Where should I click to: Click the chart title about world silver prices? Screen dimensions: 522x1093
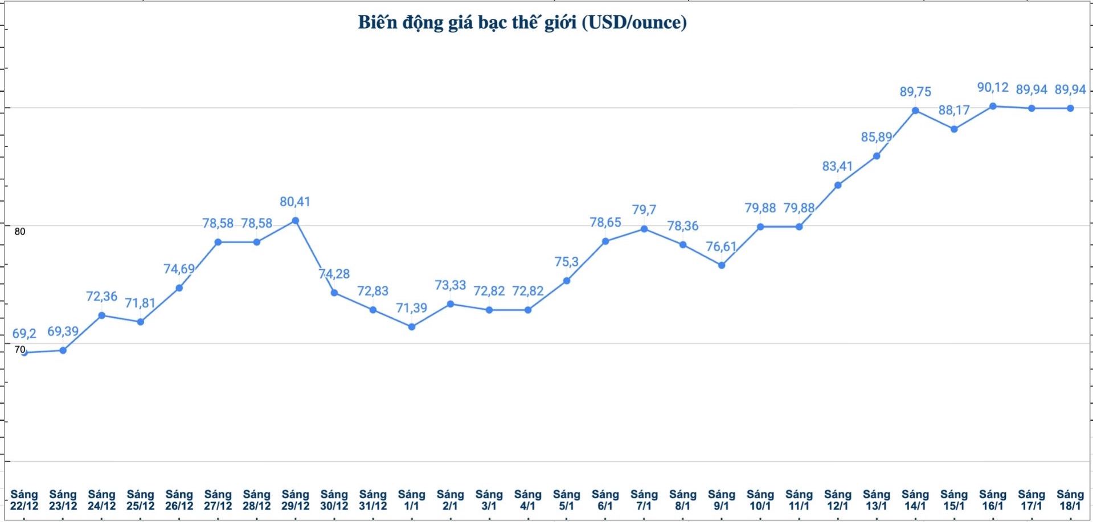tap(522, 22)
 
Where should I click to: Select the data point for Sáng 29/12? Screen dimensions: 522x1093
tap(295, 221)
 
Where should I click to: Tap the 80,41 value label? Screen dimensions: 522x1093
tap(295, 202)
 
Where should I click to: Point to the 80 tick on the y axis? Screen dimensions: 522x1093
tap(20, 231)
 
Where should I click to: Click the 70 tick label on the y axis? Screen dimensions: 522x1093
tap(20, 349)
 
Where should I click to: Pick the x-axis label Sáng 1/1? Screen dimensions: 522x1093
tap(411, 500)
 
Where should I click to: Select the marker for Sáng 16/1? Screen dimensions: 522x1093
tap(993, 106)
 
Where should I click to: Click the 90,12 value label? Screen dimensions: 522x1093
tap(993, 87)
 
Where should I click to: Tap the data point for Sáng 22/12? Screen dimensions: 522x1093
tap(24, 353)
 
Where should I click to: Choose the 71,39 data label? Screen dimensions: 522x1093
tap(411, 308)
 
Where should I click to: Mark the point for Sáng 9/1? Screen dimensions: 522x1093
tap(722, 265)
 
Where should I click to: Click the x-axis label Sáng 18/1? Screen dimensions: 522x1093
tap(1070, 500)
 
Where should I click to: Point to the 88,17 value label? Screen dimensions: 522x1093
tap(954, 110)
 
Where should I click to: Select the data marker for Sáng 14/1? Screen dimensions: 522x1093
tap(915, 110)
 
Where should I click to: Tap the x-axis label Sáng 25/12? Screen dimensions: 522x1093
tap(140, 500)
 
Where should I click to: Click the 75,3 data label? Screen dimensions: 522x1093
tap(566, 262)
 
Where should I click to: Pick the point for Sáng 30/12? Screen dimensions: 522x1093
tap(334, 293)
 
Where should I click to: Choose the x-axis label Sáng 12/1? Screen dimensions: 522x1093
tap(838, 500)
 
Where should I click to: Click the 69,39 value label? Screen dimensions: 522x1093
tap(63, 331)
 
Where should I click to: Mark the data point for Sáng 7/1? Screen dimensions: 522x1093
tap(644, 229)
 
